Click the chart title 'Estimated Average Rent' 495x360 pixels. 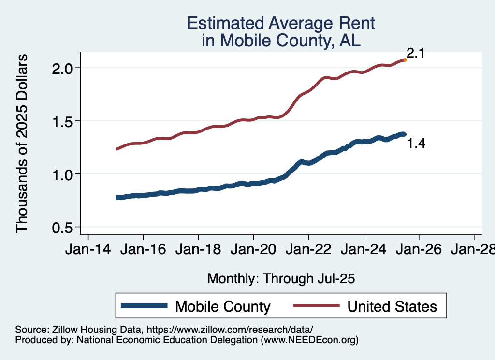coord(281,23)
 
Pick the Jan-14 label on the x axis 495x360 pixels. coord(88,250)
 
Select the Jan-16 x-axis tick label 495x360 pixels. coord(143,250)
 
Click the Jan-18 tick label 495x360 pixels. coord(198,250)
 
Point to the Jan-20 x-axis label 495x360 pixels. coord(253,250)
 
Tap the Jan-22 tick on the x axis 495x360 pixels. coord(308,250)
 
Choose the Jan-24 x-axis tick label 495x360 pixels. coord(364,250)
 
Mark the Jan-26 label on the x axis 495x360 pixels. coord(419,250)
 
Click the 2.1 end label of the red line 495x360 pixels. coord(415,53)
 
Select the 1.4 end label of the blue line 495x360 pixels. coord(415,144)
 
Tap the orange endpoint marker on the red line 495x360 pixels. coord(405,60)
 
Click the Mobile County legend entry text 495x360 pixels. coord(222,306)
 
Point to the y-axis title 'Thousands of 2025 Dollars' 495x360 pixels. coord(23,144)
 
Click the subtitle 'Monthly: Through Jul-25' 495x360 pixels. coord(281,279)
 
